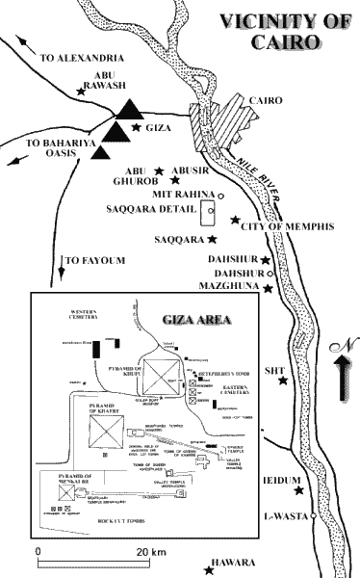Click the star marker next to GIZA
[138, 127]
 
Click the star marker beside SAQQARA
[211, 238]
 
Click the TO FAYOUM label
[91, 260]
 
